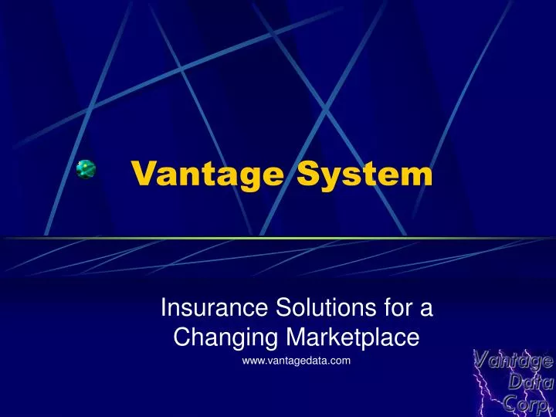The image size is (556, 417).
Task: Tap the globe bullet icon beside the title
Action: pos(86,170)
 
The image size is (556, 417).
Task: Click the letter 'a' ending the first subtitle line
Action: pos(426,310)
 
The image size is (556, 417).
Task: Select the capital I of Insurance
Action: pos(163,310)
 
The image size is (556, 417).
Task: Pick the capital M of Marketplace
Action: pos(293,337)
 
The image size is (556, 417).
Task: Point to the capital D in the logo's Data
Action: pos(514,381)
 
